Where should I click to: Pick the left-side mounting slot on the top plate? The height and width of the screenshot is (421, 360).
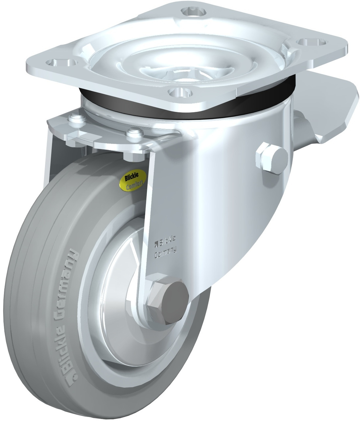pyautogui.click(x=61, y=62)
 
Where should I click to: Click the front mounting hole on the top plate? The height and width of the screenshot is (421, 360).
pyautogui.click(x=180, y=92)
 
